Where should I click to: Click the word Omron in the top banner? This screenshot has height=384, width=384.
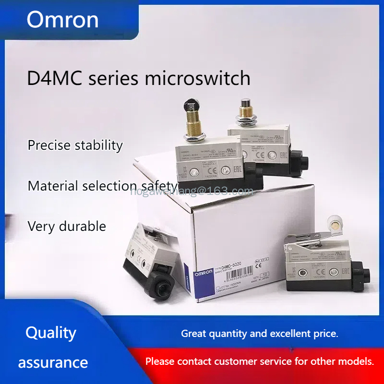tap(62, 20)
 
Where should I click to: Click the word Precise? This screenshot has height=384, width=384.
tap(49, 145)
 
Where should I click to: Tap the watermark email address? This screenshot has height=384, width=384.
tap(192, 192)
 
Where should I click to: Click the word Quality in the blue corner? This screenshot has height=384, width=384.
tap(51, 333)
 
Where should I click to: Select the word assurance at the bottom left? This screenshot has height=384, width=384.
tap(53, 362)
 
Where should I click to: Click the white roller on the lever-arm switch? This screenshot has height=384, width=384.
tap(332, 223)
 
